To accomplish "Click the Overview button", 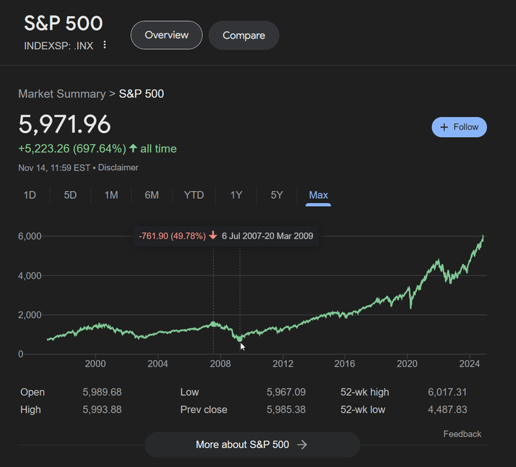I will click(166, 35).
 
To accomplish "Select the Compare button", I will click(243, 35).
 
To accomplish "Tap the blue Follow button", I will click(459, 127).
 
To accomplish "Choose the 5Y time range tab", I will click(277, 195).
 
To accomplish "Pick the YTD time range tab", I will click(193, 195).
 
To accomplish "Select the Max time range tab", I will click(318, 195).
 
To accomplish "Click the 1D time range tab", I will click(30, 195).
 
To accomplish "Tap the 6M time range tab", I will click(152, 195).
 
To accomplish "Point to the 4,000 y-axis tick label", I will click(30, 275).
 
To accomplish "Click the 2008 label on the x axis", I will click(220, 364).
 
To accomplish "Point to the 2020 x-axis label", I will click(407, 364).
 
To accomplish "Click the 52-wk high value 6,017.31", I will click(447, 392).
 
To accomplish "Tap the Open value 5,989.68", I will click(102, 392).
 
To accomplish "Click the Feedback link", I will click(462, 434).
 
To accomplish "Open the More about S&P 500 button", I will click(252, 444).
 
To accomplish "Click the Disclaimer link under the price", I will click(118, 167).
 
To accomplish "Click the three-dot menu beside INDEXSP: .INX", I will click(105, 45).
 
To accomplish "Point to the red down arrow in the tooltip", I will click(213, 236).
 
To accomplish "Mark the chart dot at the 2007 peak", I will click(214, 324).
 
